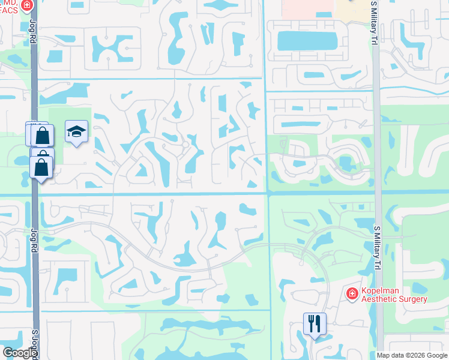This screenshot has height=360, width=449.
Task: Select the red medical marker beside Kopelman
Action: pyautogui.click(x=352, y=294)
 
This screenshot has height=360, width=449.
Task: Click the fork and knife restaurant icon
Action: pyautogui.click(x=315, y=324)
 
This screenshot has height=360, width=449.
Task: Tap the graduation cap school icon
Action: pyautogui.click(x=76, y=131)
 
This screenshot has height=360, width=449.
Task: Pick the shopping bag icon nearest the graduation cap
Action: pyautogui.click(x=43, y=135)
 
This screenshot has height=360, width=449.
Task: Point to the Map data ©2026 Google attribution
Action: pyautogui.click(x=412, y=355)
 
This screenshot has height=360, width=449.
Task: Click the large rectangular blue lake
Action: pyautogui.click(x=307, y=41)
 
